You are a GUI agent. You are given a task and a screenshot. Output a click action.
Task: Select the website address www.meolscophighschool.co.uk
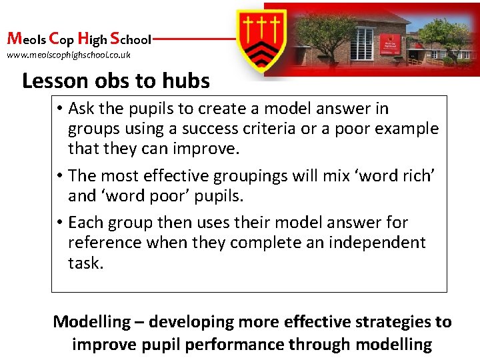tap(69, 55)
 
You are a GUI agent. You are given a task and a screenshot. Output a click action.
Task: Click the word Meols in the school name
tap(25, 39)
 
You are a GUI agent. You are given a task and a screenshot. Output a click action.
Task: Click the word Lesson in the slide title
tap(55, 81)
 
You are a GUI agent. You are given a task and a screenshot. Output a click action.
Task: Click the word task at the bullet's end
tap(85, 263)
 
